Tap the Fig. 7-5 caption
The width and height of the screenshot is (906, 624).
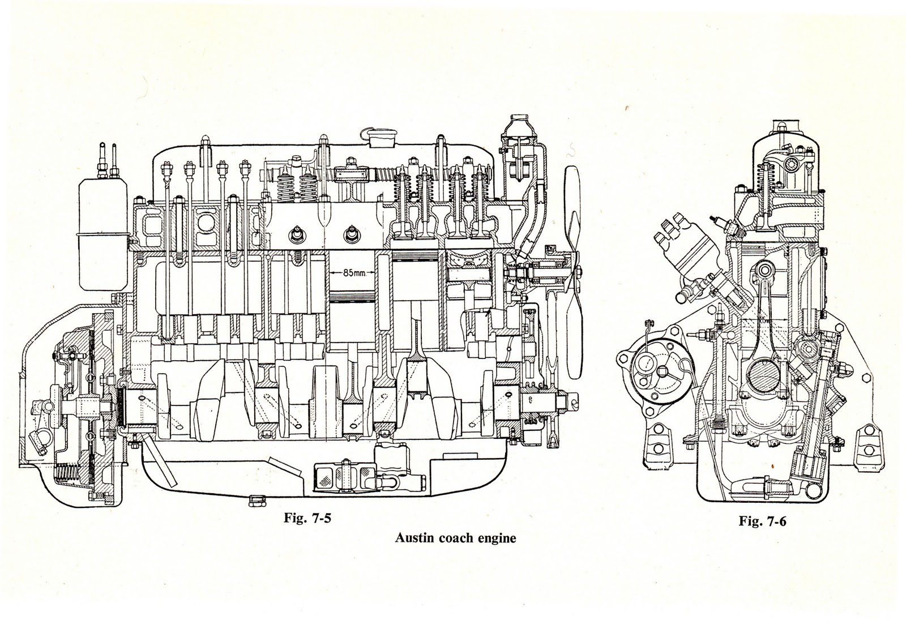click(306, 519)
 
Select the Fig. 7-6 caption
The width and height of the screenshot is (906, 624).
click(762, 522)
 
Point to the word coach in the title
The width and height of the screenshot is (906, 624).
click(455, 538)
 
